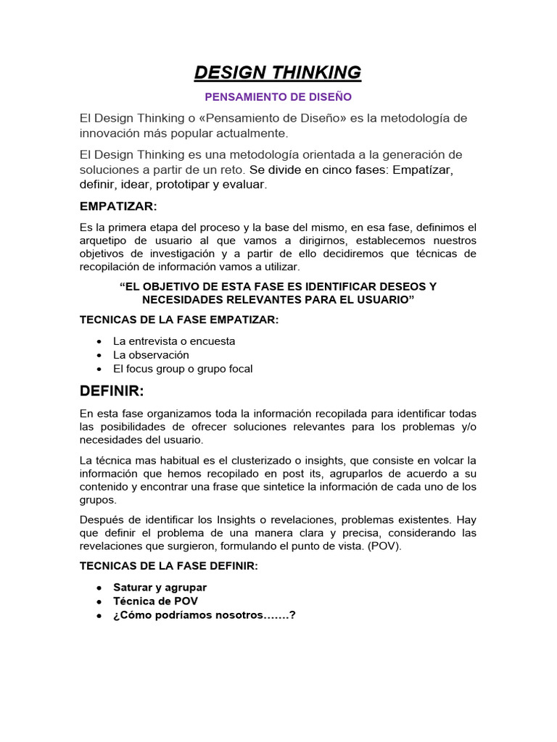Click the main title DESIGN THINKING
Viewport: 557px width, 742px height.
tap(278, 72)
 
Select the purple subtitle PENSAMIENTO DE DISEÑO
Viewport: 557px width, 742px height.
tap(278, 96)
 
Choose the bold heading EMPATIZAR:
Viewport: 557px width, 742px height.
tap(117, 207)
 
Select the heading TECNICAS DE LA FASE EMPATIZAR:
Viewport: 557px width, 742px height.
tap(179, 320)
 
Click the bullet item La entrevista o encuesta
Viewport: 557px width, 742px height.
tap(174, 341)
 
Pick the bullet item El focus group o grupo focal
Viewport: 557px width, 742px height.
tap(183, 369)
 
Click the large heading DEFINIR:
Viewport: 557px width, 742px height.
tap(112, 392)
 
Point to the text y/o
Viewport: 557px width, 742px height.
tap(467, 427)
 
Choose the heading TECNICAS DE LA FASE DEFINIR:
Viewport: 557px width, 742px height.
tap(168, 567)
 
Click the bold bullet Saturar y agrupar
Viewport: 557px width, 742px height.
tap(160, 588)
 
